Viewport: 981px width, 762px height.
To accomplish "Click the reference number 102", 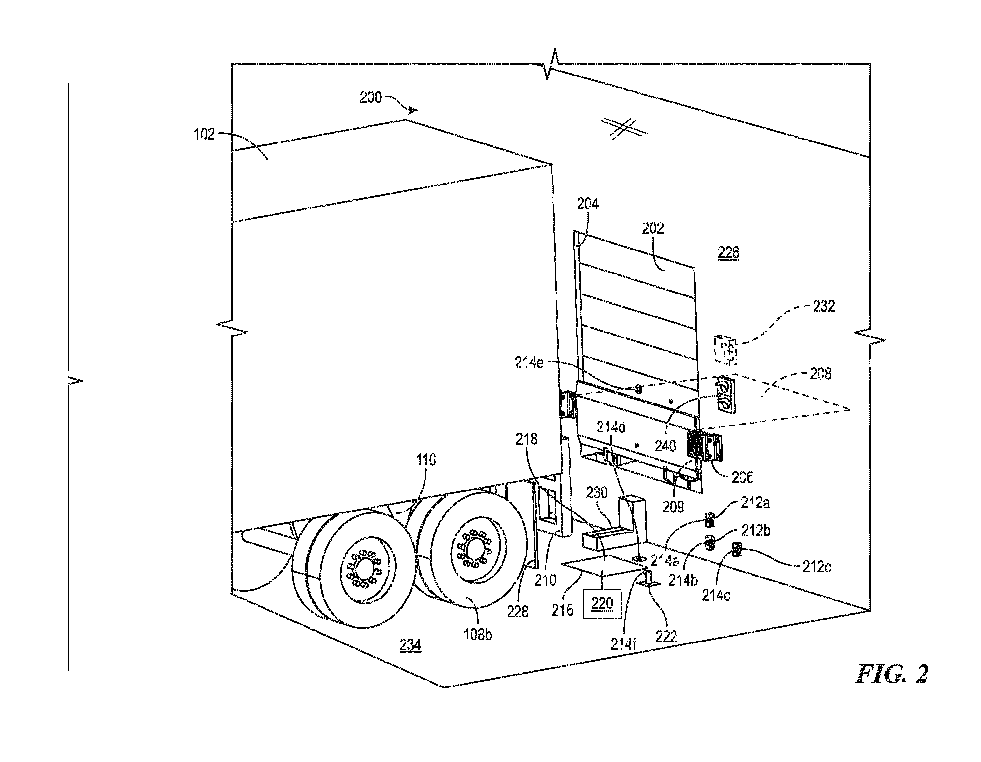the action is click(204, 134).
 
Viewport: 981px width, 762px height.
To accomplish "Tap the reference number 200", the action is click(371, 98).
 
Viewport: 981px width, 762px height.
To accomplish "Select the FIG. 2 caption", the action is click(892, 674).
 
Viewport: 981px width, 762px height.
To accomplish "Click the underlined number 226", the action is click(728, 253).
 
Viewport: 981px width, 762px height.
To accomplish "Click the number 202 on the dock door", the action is click(652, 229).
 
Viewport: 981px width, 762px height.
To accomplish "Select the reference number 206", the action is click(742, 478).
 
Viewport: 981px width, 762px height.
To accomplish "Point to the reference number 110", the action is click(426, 460).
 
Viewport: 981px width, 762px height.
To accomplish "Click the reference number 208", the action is click(820, 374).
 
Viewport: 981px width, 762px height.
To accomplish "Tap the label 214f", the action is click(623, 644).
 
